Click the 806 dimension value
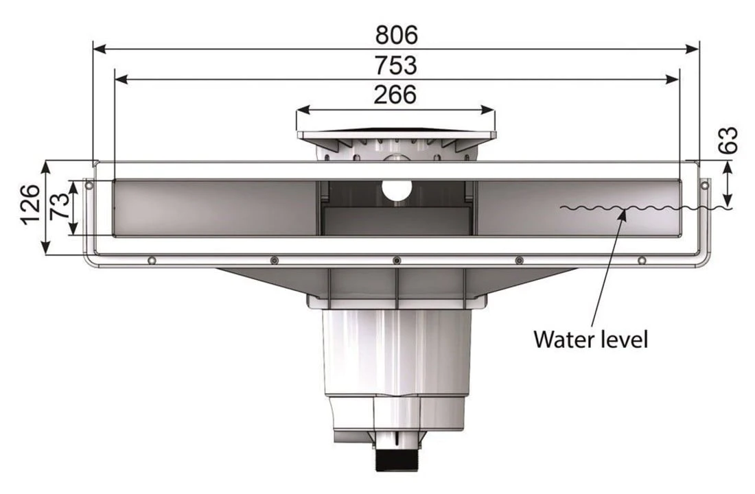point(396,34)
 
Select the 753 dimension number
point(396,65)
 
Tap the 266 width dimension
point(395,94)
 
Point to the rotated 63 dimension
point(730,141)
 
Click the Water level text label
point(590,338)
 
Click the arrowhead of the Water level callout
point(623,213)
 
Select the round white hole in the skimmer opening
point(397,190)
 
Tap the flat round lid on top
point(395,130)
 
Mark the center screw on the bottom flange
point(396,260)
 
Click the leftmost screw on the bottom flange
point(151,260)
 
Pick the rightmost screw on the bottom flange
point(642,260)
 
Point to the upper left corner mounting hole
point(88,184)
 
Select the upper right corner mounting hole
point(704,184)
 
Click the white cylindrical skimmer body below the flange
point(397,350)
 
